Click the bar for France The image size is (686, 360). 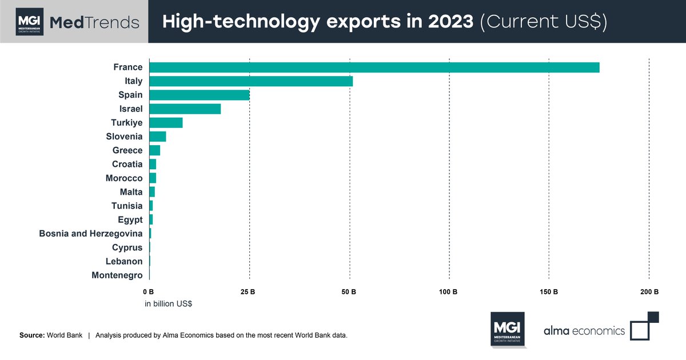pyautogui.click(x=374, y=67)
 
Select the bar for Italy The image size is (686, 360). pyautogui.click(x=250, y=81)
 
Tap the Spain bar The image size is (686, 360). pyautogui.click(x=199, y=95)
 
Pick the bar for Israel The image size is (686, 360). pyautogui.click(x=185, y=109)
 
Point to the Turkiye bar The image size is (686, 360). pyautogui.click(x=166, y=123)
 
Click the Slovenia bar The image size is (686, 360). pyautogui.click(x=157, y=137)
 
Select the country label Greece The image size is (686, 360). pyautogui.click(x=127, y=150)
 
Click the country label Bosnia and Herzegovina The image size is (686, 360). pyautogui.click(x=91, y=233)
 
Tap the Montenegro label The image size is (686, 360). pyautogui.click(x=117, y=275)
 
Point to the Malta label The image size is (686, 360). pyautogui.click(x=131, y=192)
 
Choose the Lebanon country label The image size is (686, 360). pyautogui.click(x=124, y=261)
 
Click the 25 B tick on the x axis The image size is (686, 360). pyautogui.click(x=248, y=292)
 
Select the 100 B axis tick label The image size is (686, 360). pyautogui.click(x=448, y=292)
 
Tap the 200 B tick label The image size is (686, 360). pyautogui.click(x=649, y=292)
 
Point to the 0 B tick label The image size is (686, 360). pyautogui.click(x=148, y=292)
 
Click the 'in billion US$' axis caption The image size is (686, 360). pyautogui.click(x=168, y=304)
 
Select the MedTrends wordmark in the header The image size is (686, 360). pyautogui.click(x=94, y=22)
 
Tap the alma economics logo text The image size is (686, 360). pyautogui.click(x=584, y=330)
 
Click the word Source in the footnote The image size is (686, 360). pyautogui.click(x=31, y=335)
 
